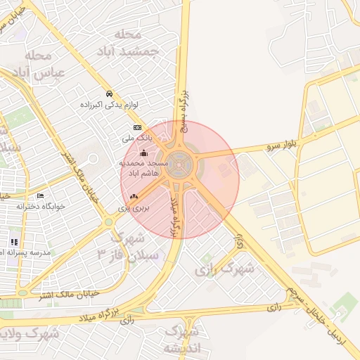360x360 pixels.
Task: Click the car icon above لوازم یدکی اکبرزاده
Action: (x=108, y=94)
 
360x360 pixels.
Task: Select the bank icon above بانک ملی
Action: (x=136, y=127)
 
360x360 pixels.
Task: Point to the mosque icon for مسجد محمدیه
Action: (x=143, y=153)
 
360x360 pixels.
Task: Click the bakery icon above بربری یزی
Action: (x=134, y=198)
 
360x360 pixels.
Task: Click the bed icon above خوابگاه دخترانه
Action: (x=40, y=195)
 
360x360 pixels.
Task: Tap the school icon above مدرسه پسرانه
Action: (x=14, y=241)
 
